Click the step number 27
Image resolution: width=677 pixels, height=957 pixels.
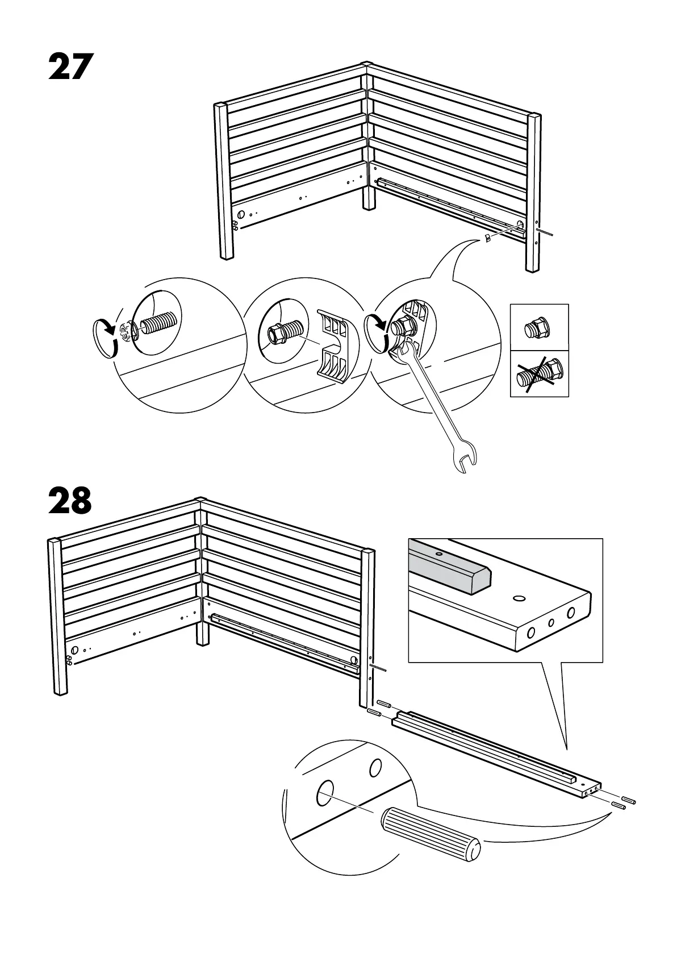point(70,67)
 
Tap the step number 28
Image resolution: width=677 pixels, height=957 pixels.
point(70,500)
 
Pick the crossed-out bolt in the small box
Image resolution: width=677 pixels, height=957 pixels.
point(540,374)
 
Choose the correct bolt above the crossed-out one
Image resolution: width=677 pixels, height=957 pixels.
point(539,328)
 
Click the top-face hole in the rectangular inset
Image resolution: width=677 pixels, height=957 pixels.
point(519,598)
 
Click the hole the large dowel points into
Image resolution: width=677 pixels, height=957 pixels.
point(325,792)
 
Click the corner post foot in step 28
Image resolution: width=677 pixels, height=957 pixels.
point(202,641)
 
